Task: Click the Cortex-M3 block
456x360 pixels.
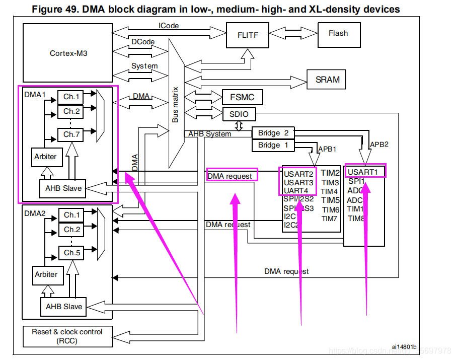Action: click(x=68, y=53)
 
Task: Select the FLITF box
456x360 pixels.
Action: click(x=248, y=35)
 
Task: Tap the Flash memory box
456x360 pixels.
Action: click(x=338, y=34)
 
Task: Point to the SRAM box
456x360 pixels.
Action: click(x=328, y=80)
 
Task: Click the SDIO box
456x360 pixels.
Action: click(x=239, y=114)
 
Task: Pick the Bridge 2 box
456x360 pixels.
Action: click(x=273, y=133)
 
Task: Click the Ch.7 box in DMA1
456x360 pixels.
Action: click(x=72, y=134)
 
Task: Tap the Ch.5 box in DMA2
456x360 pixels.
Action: click(x=72, y=252)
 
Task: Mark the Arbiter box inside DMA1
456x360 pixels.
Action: click(x=46, y=156)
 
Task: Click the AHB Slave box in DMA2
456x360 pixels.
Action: click(x=64, y=307)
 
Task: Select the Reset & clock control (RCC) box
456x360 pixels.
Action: click(x=67, y=336)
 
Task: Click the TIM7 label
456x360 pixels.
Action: click(x=330, y=219)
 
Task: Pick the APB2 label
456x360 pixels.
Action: click(x=380, y=144)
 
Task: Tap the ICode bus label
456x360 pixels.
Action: click(x=169, y=26)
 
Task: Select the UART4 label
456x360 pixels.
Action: click(x=296, y=190)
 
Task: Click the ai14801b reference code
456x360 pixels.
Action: click(x=404, y=347)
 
